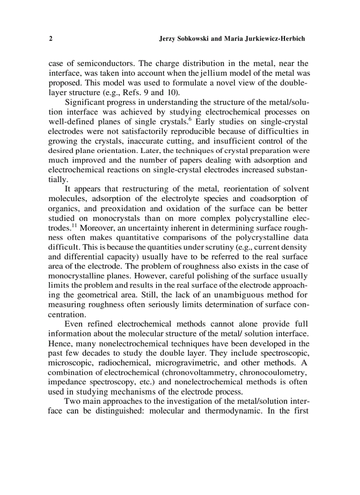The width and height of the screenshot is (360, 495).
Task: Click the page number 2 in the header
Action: (50, 39)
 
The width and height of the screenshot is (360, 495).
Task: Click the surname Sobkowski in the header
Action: (192, 39)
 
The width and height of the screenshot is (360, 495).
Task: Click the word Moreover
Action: (96, 228)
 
